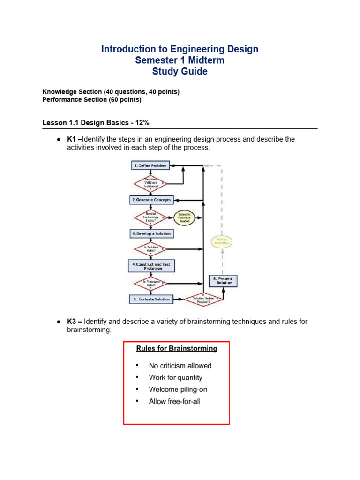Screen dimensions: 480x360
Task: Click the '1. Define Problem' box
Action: coord(150,165)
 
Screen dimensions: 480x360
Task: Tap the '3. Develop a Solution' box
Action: coord(151,233)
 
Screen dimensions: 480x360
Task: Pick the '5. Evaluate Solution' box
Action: coord(150,299)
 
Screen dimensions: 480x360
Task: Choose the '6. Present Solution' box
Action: coord(223,280)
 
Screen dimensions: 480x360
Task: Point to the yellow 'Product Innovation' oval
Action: coord(222,242)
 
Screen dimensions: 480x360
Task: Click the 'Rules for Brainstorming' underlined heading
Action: coord(176,348)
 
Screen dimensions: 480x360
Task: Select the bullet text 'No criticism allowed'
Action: coord(180,366)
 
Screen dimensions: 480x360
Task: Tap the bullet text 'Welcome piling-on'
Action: coord(178,390)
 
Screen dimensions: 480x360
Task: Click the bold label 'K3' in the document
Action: coord(72,322)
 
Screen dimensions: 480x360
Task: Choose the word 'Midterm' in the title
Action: coord(202,60)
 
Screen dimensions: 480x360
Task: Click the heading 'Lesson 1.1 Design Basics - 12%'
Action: coord(96,123)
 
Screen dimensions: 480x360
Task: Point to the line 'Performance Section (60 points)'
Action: coord(91,100)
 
